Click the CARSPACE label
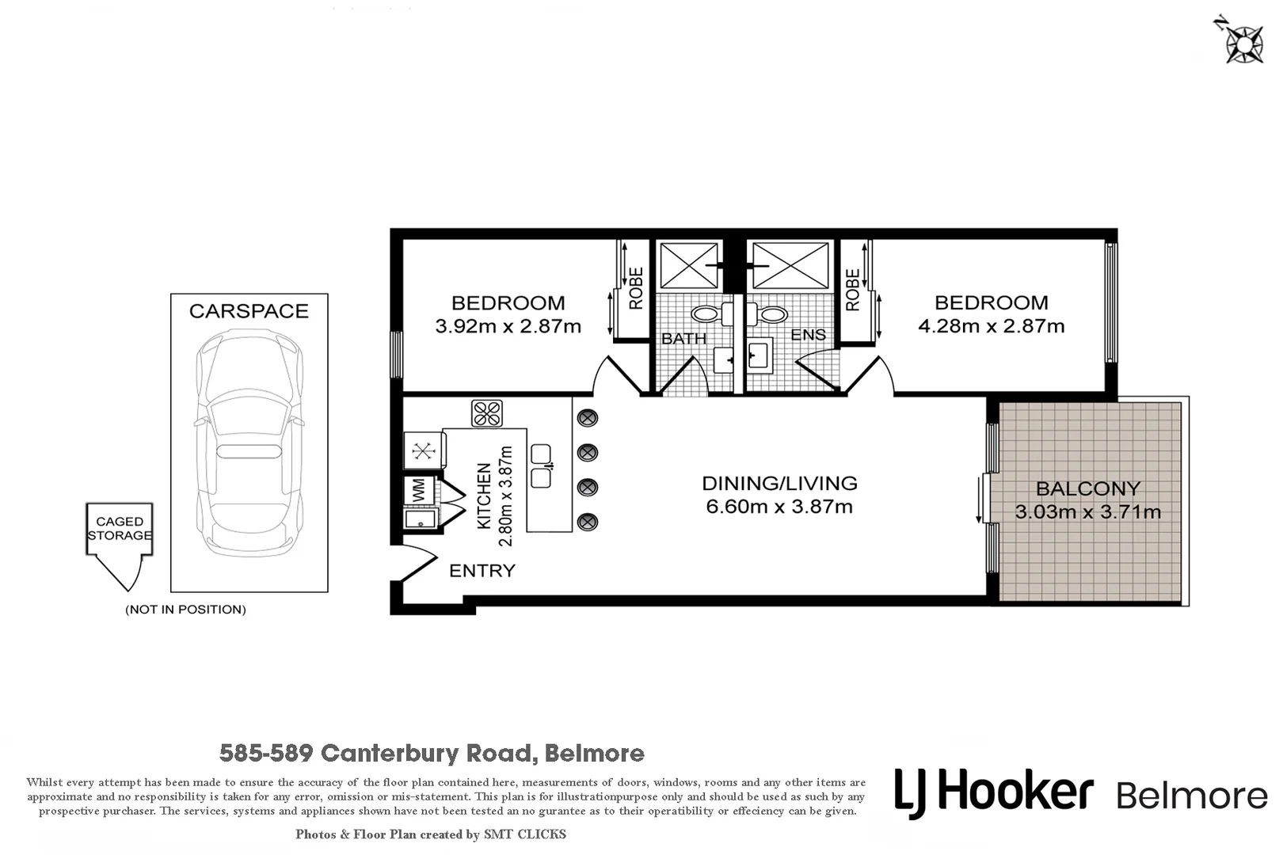pos(249,311)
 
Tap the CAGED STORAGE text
pos(120,528)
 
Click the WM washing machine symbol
pos(419,490)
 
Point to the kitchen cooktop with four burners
pos(486,413)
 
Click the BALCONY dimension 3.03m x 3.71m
pos(1088,512)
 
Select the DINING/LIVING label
pos(779,483)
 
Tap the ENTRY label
pos(482,571)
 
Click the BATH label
pos(683,339)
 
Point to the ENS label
pos(808,335)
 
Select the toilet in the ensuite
pos(767,314)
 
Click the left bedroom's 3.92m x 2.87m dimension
pos(508,326)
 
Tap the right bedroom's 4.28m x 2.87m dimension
pos(991,326)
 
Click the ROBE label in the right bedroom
pos(852,290)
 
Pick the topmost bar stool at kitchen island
pos(587,418)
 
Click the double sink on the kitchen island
pos(541,465)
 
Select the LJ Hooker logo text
pos(994,792)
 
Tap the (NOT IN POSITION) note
pos(185,610)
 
